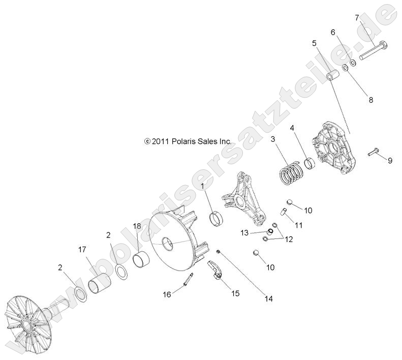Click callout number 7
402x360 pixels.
point(357,18)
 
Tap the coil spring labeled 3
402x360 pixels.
point(291,173)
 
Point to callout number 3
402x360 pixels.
point(273,139)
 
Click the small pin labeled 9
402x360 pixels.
point(374,152)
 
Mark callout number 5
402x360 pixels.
point(315,43)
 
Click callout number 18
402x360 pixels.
point(137,226)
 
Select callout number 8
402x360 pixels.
point(370,100)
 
